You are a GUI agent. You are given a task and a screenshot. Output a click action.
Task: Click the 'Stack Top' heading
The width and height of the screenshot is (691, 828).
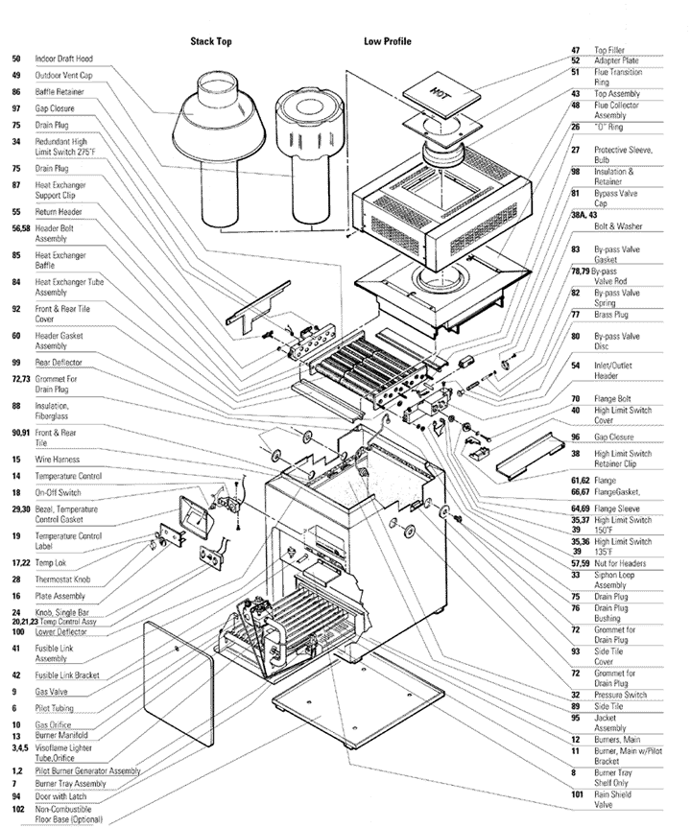coord(210,42)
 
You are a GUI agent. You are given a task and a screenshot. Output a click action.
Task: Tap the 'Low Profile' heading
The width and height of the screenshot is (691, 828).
coord(388,42)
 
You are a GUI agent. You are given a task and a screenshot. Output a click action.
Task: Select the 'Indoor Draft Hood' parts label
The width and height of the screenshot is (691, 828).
coord(66,59)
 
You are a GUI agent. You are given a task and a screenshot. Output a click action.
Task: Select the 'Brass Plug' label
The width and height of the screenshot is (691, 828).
coord(613,314)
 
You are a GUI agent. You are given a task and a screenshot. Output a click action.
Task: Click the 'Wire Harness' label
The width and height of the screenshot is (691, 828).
coord(57,460)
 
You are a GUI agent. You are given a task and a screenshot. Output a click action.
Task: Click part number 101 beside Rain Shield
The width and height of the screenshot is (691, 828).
coord(576,793)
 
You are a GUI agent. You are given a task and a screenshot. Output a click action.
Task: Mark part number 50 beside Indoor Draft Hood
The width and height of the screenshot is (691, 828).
coord(16,59)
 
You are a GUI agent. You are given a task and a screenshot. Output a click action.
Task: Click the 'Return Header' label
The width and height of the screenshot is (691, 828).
coord(59,211)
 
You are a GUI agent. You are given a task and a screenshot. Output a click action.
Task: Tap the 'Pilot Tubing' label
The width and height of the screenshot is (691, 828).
coord(54,708)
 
